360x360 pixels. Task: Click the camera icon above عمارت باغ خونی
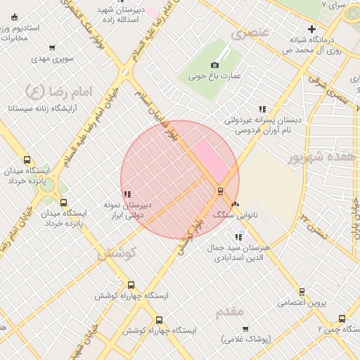click(x=215, y=65)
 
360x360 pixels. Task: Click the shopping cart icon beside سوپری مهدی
click(x=53, y=49)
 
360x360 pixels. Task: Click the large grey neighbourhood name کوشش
click(x=116, y=252)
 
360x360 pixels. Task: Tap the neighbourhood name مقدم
click(x=226, y=310)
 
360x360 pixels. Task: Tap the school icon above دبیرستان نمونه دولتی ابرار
click(x=127, y=195)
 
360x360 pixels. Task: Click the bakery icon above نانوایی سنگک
click(x=234, y=203)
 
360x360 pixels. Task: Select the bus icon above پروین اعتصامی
click(x=302, y=292)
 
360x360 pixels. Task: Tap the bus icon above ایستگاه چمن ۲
click(x=342, y=319)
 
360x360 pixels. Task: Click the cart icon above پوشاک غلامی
click(x=245, y=328)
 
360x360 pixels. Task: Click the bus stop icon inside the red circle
click(x=220, y=191)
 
